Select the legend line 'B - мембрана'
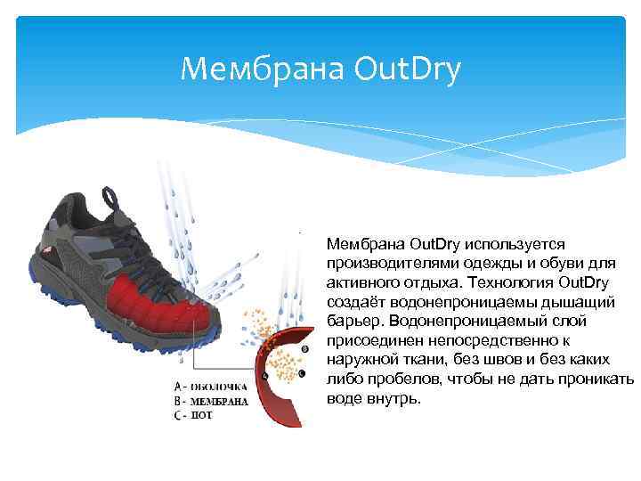[212, 401]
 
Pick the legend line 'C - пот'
[195, 414]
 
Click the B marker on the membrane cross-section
[305, 349]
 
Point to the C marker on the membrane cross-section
[303, 373]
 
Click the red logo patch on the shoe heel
[60, 257]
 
